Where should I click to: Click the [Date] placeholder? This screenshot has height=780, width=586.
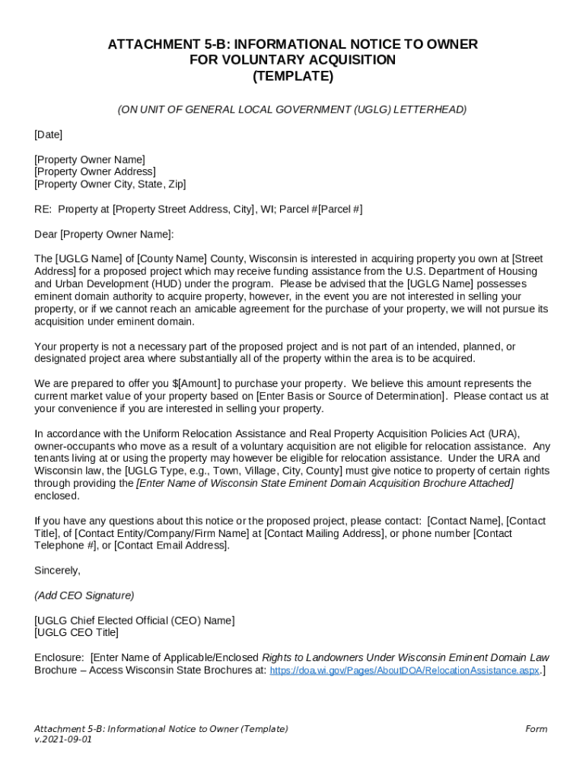[x=48, y=135]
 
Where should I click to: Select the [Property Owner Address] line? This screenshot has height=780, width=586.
[x=94, y=172]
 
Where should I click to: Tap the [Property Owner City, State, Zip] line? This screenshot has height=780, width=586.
[x=110, y=184]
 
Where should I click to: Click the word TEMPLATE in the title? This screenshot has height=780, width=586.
[x=292, y=77]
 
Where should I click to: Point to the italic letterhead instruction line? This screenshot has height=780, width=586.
[x=292, y=110]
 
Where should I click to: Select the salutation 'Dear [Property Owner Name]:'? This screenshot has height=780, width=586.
[x=104, y=234]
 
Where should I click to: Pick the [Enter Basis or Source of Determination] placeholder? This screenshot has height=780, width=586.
[x=351, y=396]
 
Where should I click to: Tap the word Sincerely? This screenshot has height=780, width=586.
[x=57, y=571]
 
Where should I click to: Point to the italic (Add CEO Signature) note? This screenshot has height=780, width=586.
[x=84, y=596]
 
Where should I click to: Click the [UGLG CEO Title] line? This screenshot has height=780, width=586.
[x=76, y=633]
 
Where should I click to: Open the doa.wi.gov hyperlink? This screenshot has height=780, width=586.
[x=405, y=670]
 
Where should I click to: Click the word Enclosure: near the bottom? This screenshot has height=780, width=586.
[x=59, y=657]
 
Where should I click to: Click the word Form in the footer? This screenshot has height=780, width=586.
[x=536, y=729]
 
